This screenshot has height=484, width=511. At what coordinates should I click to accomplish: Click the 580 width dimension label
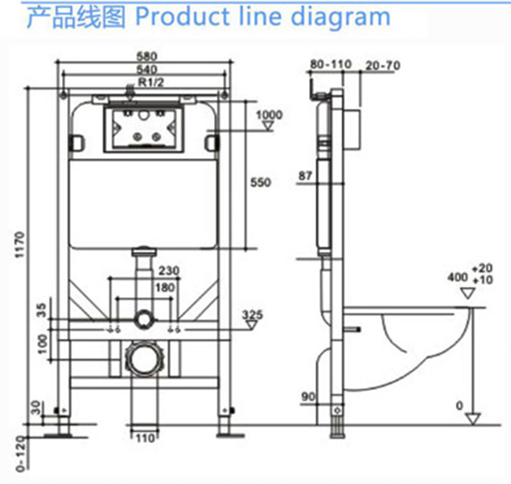(147, 56)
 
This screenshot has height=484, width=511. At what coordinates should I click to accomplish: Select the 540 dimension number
(147, 69)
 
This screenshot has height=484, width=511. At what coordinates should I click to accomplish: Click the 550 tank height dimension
(260, 183)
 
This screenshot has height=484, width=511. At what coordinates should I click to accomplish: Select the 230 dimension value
(169, 272)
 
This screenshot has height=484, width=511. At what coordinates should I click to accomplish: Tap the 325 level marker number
(252, 315)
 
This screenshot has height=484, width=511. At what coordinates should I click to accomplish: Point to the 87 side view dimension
(305, 175)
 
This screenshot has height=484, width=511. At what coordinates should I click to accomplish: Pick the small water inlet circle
(143, 319)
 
